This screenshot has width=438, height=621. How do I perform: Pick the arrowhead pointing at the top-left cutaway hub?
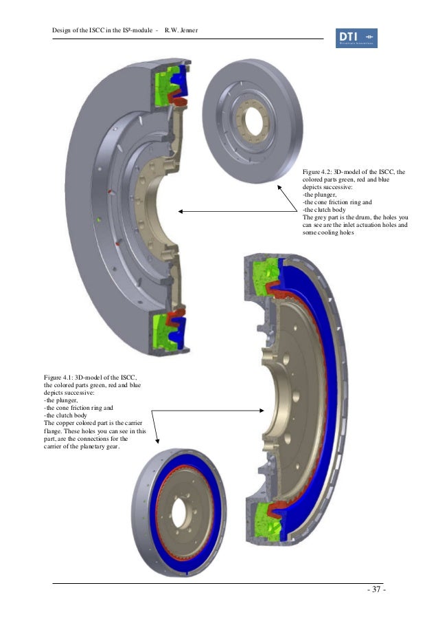181,212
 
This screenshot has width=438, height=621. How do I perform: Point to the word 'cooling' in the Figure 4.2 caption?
332,232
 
